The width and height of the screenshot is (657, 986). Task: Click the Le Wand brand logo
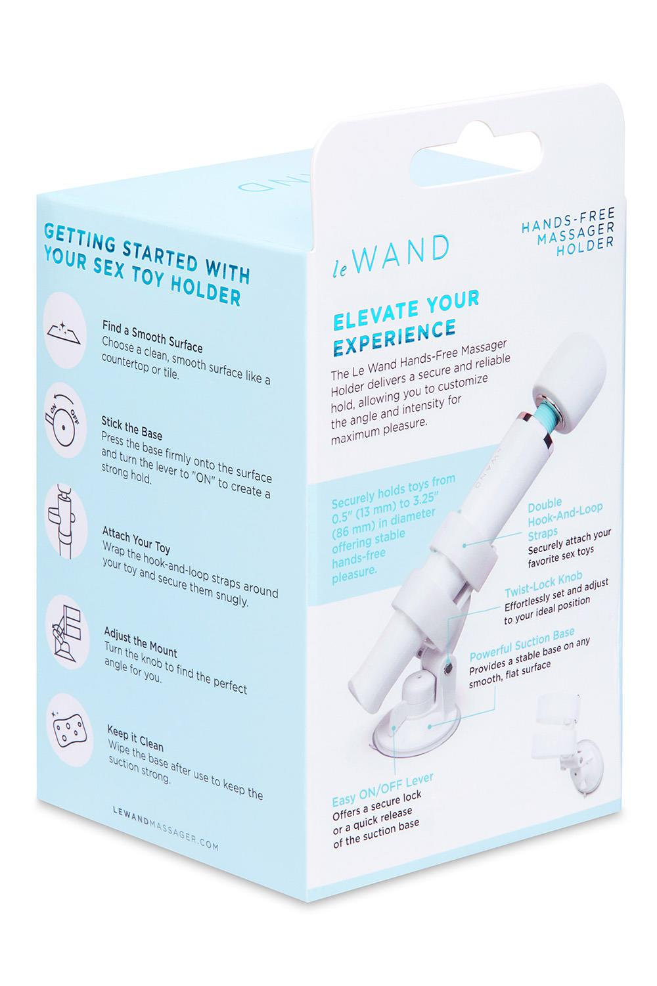pos(390,254)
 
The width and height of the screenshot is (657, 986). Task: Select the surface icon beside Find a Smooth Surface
pos(65,325)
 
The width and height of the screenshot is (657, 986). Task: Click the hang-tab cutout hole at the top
pos(446,143)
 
